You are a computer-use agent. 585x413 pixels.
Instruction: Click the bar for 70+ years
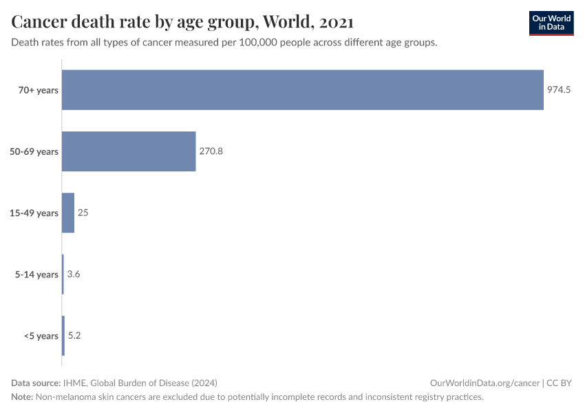303,89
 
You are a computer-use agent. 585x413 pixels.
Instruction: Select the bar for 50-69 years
129,151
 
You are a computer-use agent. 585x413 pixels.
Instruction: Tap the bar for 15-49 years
68,213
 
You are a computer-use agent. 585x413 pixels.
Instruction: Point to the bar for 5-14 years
63,275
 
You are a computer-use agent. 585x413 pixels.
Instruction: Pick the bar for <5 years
63,336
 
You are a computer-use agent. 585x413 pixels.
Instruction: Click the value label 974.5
559,89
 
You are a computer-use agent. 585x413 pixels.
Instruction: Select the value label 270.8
211,151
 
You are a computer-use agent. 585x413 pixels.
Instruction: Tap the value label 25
83,213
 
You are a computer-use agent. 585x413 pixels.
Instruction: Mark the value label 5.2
74,336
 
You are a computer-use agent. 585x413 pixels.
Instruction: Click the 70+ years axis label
39,89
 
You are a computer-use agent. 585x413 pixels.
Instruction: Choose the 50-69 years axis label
34,151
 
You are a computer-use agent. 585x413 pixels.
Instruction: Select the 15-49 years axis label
34,213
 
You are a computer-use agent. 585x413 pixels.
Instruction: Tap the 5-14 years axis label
37,275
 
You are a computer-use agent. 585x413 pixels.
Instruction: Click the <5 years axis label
41,336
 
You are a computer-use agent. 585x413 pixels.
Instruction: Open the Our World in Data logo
551,23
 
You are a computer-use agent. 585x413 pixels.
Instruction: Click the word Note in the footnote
22,397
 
